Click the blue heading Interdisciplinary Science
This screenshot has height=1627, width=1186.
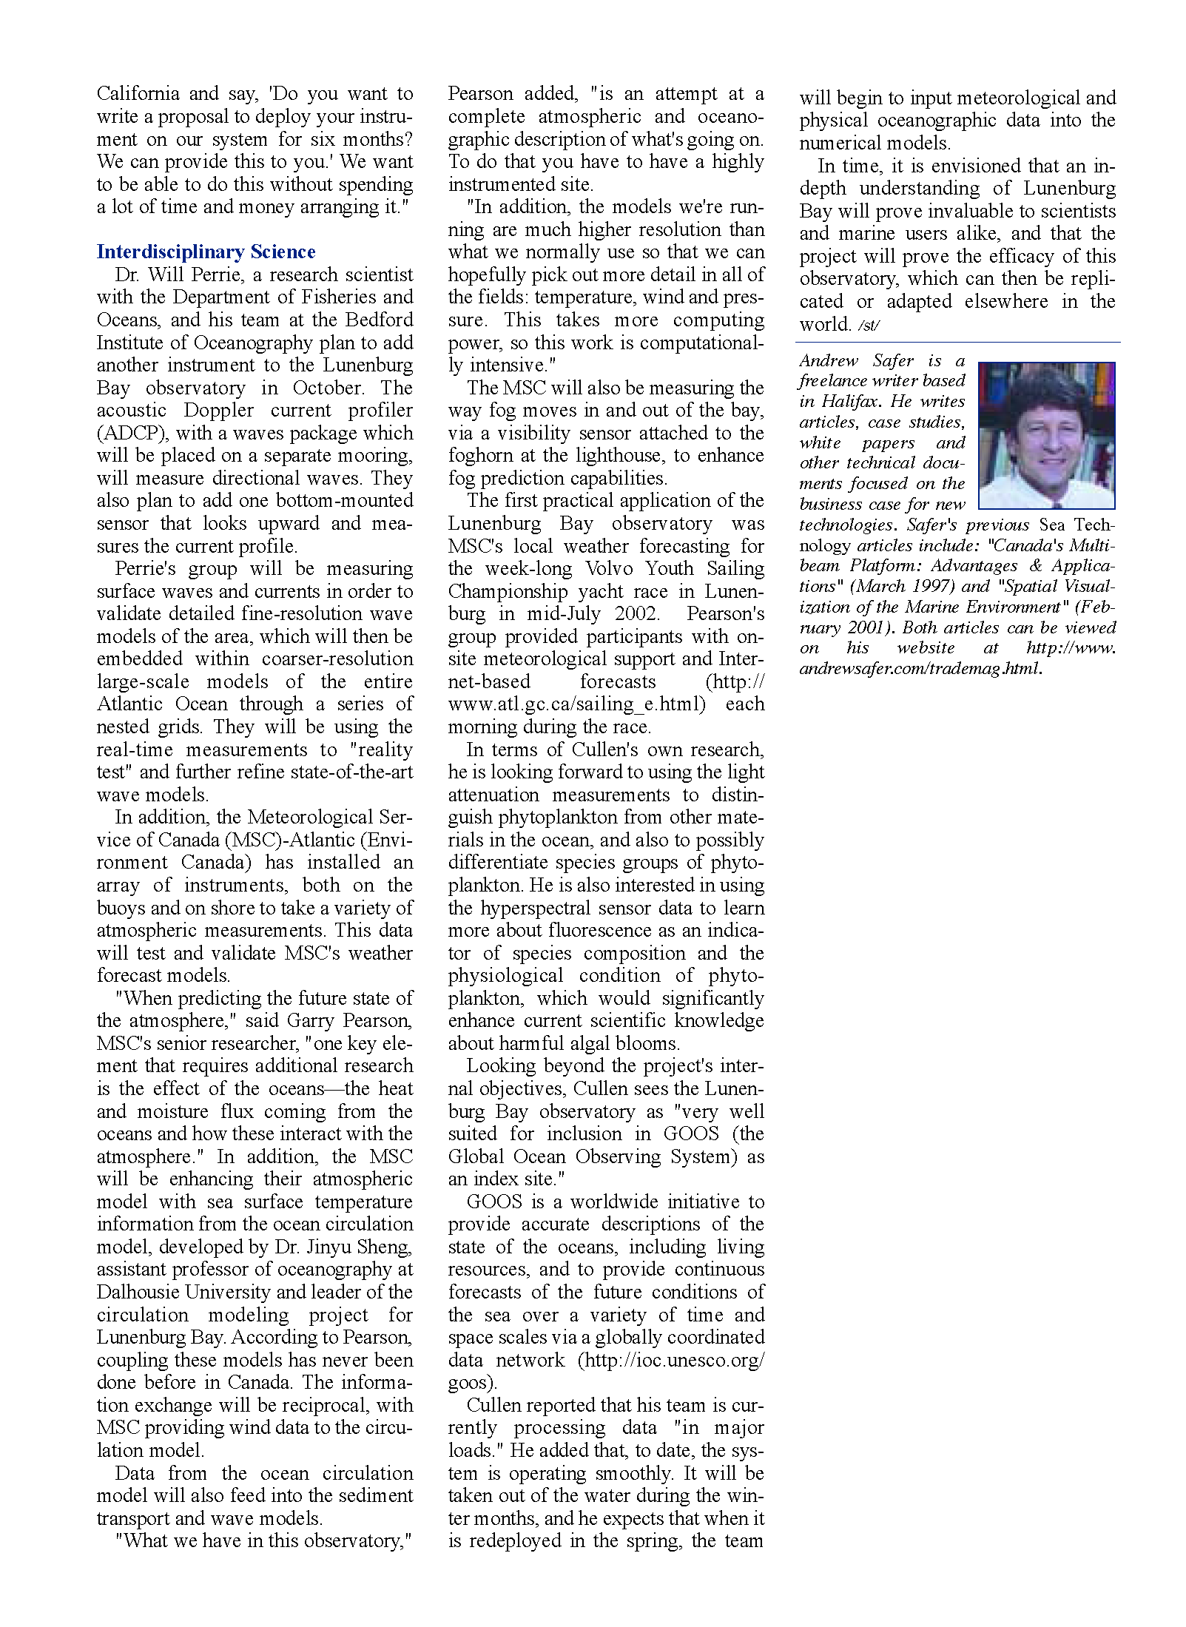[x=206, y=252]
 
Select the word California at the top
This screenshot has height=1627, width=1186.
[x=138, y=94]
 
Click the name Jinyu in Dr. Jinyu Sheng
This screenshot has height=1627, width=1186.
[x=327, y=1247]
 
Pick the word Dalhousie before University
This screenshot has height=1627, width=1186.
[x=138, y=1292]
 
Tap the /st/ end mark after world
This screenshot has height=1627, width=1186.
[x=869, y=325]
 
